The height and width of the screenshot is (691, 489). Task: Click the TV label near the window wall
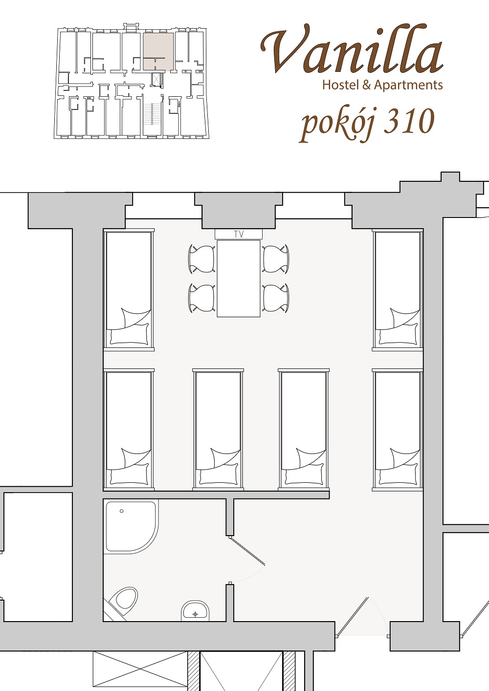pos(239,234)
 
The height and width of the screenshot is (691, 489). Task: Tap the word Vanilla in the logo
pos(352,49)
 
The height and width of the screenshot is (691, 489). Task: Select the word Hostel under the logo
pos(341,85)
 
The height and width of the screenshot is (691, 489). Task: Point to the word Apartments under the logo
pos(408,86)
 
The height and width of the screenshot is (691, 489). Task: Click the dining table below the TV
pos(238,278)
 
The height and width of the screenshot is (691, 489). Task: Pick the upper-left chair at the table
pos(202,259)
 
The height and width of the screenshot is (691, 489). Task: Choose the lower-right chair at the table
pos(276,298)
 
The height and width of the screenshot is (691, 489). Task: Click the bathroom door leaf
pos(247,551)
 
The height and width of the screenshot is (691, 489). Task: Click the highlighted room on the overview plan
pos(158,51)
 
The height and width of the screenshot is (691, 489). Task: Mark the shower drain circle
pos(122,511)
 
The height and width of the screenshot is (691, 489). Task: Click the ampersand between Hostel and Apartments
pos(367,85)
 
